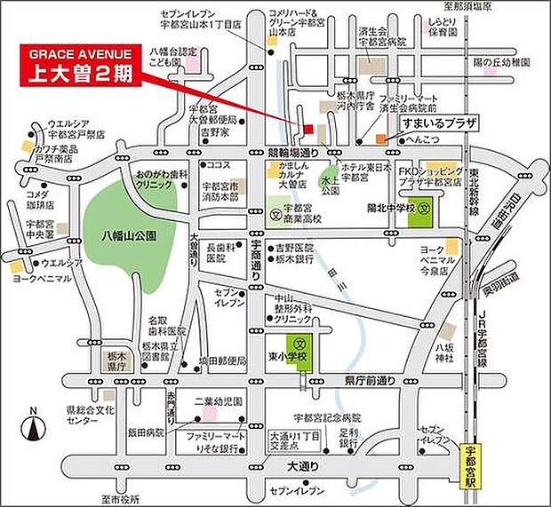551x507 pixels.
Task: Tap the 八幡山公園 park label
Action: [128, 235]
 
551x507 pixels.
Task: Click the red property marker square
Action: [308, 130]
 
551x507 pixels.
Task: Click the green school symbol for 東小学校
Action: [299, 344]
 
